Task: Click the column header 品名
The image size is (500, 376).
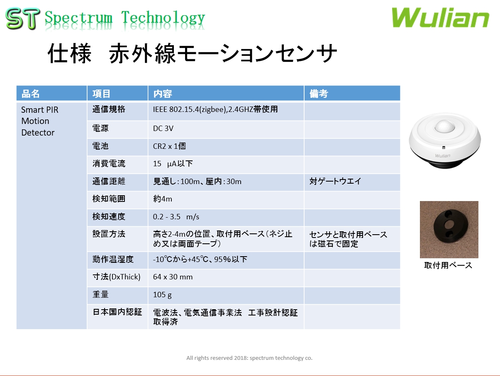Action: click(31, 94)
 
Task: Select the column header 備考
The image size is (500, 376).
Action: click(319, 94)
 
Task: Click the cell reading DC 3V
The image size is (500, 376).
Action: click(163, 129)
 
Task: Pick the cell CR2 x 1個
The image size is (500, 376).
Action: click(169, 146)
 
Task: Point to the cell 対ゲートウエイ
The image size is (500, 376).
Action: click(335, 182)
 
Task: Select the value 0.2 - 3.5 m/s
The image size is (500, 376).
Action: click(176, 217)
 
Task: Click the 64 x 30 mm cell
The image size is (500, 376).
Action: click(173, 277)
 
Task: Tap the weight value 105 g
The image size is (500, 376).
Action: click(162, 295)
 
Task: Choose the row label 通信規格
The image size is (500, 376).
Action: click(109, 110)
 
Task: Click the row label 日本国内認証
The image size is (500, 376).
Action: click(117, 312)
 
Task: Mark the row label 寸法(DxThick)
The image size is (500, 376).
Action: click(116, 277)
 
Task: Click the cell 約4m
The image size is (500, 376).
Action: click(163, 199)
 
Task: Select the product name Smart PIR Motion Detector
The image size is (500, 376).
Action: click(39, 121)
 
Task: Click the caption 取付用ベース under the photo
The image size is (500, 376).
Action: click(448, 265)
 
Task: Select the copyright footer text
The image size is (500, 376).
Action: click(249, 358)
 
